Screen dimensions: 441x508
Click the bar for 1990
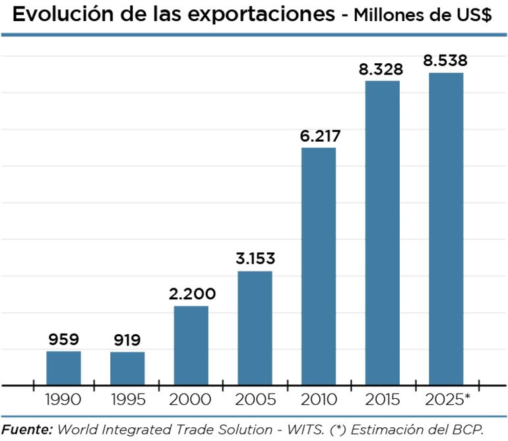click(63, 368)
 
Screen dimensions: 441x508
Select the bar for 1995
click(127, 368)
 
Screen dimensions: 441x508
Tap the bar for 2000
click(191, 345)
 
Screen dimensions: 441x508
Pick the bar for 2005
click(255, 328)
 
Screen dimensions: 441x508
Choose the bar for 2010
click(319, 266)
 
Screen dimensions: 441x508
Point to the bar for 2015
click(383, 233)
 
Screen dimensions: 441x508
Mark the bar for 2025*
click(446, 229)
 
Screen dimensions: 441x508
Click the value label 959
click(63, 340)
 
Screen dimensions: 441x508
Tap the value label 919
click(127, 341)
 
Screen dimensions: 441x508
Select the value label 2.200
click(191, 295)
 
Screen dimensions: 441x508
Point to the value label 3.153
click(255, 259)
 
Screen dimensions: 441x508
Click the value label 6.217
click(319, 136)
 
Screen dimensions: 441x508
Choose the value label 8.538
click(446, 61)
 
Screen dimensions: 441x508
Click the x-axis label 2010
click(319, 400)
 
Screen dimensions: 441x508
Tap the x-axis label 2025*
click(449, 400)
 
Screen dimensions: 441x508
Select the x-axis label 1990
click(63, 400)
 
